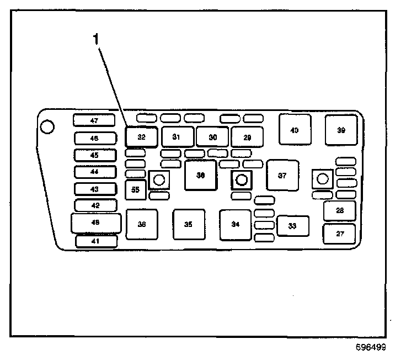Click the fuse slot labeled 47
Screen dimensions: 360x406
point(94,120)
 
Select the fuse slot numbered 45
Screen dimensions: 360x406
point(94,155)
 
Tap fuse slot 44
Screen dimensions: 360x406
point(94,172)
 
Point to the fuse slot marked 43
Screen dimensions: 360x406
point(94,189)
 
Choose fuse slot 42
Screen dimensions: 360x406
point(94,205)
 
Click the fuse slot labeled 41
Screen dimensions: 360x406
point(96,241)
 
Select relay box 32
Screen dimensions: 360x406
point(142,136)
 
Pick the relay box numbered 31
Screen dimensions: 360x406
point(177,136)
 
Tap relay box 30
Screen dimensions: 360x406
point(212,136)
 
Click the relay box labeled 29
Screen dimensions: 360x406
point(247,136)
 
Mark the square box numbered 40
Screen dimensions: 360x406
point(295,130)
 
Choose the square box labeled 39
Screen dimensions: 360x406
point(341,130)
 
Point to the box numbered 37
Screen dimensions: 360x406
point(282,176)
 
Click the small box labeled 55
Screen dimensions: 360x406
point(135,189)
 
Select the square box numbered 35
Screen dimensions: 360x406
point(189,225)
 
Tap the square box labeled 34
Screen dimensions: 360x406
point(236,225)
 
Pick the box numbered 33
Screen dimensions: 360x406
point(292,226)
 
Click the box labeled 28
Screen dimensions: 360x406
point(340,210)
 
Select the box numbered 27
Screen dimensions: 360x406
point(340,234)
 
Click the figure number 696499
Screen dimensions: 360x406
point(371,348)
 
